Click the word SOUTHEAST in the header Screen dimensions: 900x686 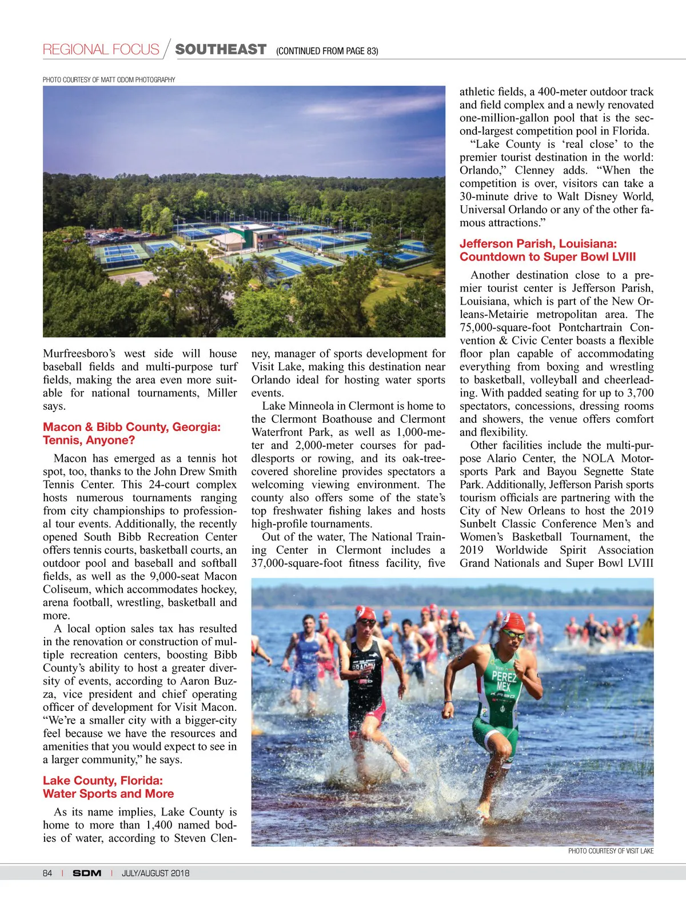tap(221, 50)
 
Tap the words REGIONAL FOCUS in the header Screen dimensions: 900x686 tap(101, 50)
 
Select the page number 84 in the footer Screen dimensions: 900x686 tap(47, 873)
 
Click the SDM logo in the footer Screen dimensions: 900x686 tap(87, 873)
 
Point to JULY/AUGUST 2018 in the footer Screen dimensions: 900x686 tap(155, 873)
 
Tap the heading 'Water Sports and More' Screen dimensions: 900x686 tap(108, 794)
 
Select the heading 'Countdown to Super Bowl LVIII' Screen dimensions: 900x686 tap(548, 257)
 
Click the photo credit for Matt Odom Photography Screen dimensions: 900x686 tap(109, 79)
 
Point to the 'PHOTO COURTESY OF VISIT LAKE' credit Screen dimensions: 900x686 tap(611, 851)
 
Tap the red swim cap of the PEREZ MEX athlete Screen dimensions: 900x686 tap(513, 621)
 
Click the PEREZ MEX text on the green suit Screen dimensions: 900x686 tap(504, 680)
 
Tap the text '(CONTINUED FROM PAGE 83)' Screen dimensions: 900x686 tap(327, 51)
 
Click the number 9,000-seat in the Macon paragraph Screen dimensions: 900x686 tap(174, 577)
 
